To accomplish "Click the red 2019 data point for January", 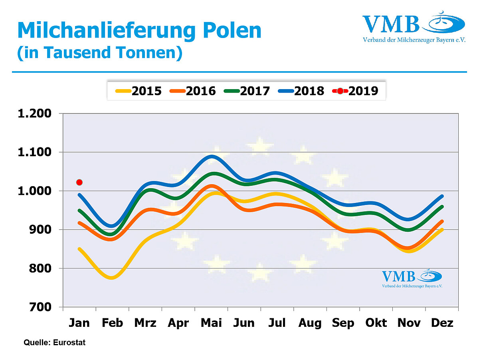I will point(79,182).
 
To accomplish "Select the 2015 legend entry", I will point(139,91).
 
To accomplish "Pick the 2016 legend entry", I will point(193,91).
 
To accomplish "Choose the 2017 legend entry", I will point(247,91).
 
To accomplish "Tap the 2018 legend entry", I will point(301,91).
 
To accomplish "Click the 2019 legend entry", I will point(355,91).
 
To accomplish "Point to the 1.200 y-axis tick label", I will point(35,113).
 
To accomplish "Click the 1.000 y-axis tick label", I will point(35,191).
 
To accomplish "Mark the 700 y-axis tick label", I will point(40,307).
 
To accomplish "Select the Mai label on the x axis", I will point(211,322).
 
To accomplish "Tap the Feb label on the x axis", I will point(112,322).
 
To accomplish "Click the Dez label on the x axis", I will point(442,322).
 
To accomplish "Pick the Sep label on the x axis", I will point(343,322).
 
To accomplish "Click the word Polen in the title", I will point(226,30).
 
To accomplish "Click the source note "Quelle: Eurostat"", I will point(55,342).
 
